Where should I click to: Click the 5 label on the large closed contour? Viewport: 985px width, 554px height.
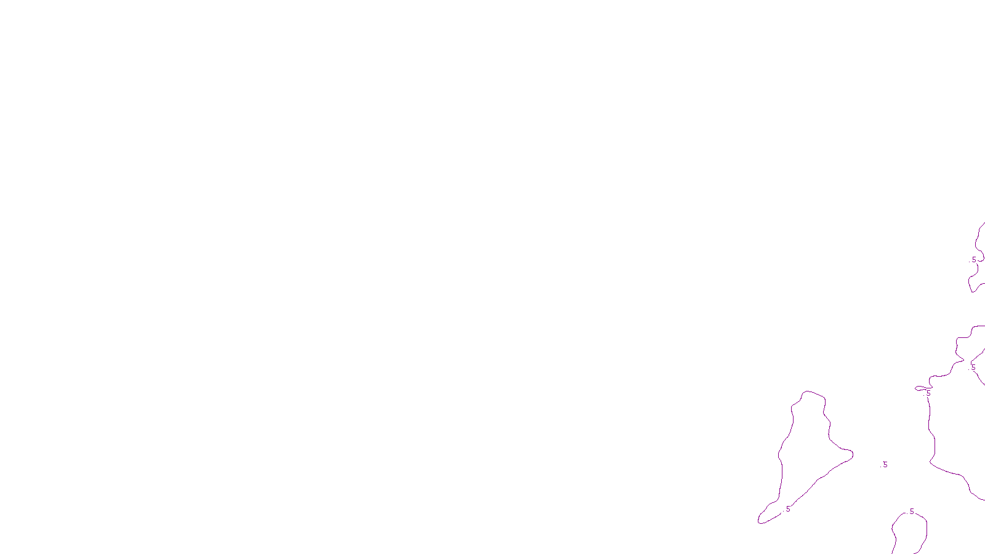(x=788, y=509)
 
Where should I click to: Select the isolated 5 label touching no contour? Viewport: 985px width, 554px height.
(x=885, y=465)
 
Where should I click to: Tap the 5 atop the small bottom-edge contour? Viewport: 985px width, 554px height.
(x=912, y=512)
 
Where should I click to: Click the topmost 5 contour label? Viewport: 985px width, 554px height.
(x=974, y=260)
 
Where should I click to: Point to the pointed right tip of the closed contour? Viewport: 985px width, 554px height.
(x=852, y=454)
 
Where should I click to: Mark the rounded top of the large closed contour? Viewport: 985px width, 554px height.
(x=813, y=392)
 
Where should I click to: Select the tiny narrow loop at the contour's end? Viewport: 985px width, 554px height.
(x=921, y=388)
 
